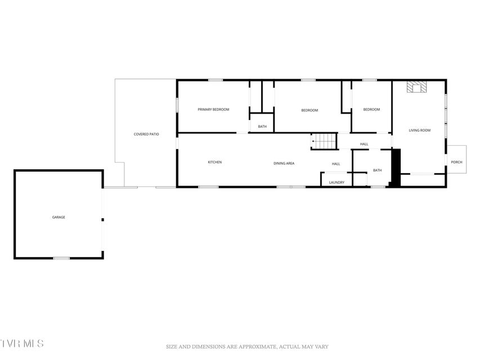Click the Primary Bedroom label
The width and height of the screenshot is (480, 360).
point(213,110)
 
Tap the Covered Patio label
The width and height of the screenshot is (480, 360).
point(146,134)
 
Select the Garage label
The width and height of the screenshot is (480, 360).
point(59,217)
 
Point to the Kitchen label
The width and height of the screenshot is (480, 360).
point(215,162)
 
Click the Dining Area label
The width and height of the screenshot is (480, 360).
point(284,164)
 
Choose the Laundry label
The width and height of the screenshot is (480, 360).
point(337,182)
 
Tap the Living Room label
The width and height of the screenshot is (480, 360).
point(420,130)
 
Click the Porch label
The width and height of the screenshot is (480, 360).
point(456,162)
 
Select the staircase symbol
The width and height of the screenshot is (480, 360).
point(324,141)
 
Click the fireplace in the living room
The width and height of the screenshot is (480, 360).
point(416,87)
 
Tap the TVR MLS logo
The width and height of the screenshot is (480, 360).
point(22,344)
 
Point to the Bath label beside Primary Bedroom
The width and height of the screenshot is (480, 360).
point(262,127)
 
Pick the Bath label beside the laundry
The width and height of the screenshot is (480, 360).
point(378,170)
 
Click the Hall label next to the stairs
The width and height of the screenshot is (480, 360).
point(364,144)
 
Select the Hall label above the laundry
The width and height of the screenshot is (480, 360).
point(336,164)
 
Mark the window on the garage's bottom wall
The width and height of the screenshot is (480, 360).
point(61,258)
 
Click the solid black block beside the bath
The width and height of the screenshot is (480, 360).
point(396,168)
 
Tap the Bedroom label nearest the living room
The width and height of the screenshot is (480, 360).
point(371,110)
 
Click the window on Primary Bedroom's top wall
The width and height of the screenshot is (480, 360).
point(216,80)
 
